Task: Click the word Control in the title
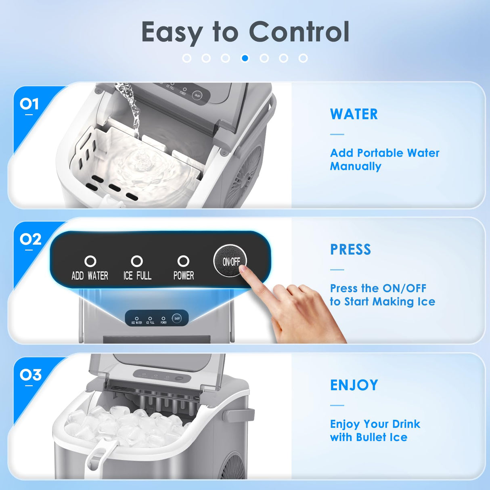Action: click(299, 32)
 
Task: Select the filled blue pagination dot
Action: click(245, 58)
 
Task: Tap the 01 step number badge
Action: click(29, 104)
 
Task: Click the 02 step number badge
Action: click(30, 239)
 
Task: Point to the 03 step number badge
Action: click(30, 375)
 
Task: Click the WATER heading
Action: click(354, 114)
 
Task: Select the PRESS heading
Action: click(350, 249)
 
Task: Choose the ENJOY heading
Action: click(354, 385)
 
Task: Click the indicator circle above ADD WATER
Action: click(90, 261)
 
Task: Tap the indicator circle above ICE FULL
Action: click(137, 261)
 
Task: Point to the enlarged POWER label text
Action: click(184, 276)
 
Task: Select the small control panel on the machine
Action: click(157, 318)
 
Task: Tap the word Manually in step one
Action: click(355, 166)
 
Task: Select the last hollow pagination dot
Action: click(303, 58)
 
